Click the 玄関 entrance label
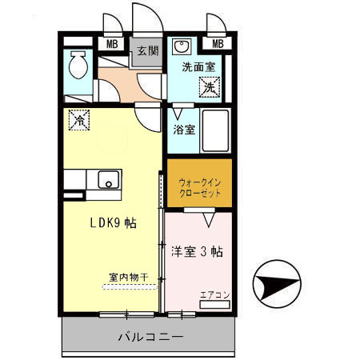pyautogui.click(x=147, y=50)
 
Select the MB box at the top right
pyautogui.click(x=216, y=44)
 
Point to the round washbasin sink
pyautogui.click(x=182, y=46)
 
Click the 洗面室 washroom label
pyautogui.click(x=197, y=67)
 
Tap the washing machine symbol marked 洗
pyautogui.click(x=210, y=86)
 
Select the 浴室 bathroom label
pyautogui.click(x=184, y=129)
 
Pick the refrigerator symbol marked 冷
pyautogui.click(x=79, y=120)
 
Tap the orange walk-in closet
pyautogui.click(x=199, y=183)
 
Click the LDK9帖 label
pyautogui.click(x=111, y=223)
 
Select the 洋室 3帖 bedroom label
pyautogui.click(x=197, y=250)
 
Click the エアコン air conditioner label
pyautogui.click(x=214, y=294)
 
